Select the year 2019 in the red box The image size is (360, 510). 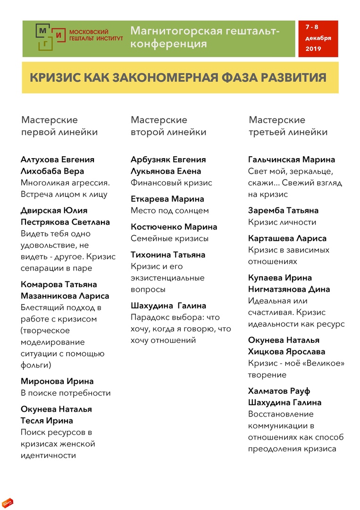[313, 49]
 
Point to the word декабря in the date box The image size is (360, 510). [318, 38]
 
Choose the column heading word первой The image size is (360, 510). [40, 132]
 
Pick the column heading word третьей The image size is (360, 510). [267, 132]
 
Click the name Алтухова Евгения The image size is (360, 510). [58, 160]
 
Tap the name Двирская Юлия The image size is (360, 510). [54, 211]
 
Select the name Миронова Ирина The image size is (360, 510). [57, 381]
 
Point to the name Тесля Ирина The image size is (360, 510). [47, 421]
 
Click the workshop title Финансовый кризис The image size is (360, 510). [171, 183]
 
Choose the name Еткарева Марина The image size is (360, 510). [167, 199]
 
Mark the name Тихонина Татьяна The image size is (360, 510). [168, 255]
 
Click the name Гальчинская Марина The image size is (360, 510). [292, 160]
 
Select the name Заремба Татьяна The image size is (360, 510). [283, 211]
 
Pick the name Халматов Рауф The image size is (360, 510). [279, 391]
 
